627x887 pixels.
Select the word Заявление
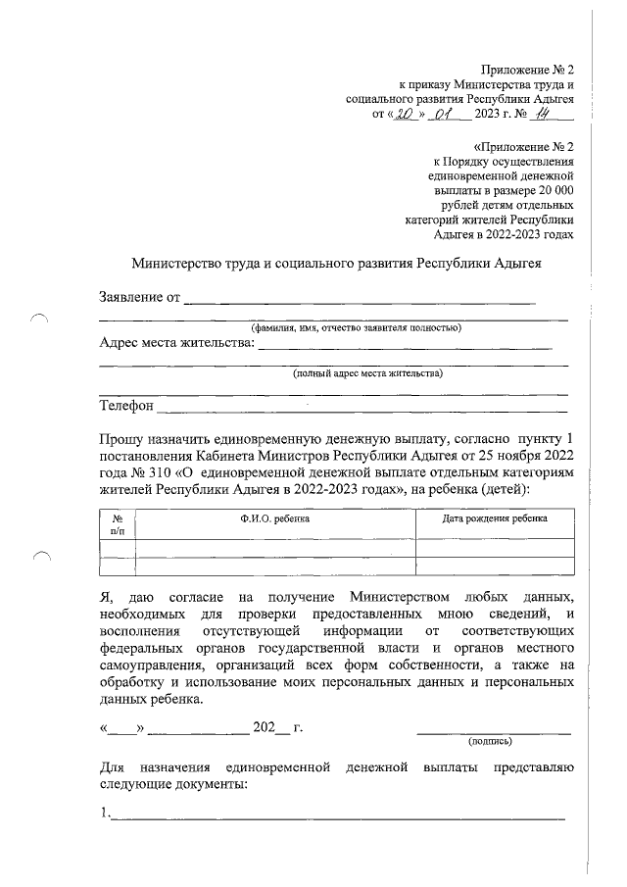pyautogui.click(x=132, y=297)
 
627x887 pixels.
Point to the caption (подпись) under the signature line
pyautogui.click(x=494, y=741)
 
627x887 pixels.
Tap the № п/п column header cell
pyautogui.click(x=118, y=523)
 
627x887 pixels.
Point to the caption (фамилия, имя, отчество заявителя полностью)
pyautogui.click(x=357, y=327)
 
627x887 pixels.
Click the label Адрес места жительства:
pyautogui.click(x=176, y=342)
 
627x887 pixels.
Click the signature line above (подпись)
pyautogui.click(x=494, y=731)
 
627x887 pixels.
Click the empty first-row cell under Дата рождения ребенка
pyautogui.click(x=494, y=548)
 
